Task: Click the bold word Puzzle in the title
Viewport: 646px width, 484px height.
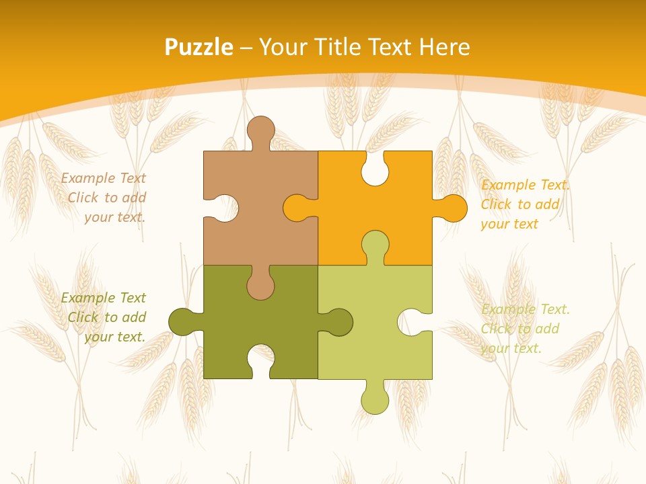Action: [x=199, y=47]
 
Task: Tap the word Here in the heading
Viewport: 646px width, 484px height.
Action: [x=444, y=47]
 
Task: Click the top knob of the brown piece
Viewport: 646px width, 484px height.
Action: [x=261, y=130]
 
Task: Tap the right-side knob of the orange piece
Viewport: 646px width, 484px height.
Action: [x=453, y=208]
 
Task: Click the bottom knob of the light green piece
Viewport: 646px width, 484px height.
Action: [x=375, y=400]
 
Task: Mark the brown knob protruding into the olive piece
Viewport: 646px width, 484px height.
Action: [x=260, y=285]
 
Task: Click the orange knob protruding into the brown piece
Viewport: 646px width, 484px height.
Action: [x=297, y=208]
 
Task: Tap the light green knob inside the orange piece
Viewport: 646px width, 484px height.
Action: [x=375, y=245]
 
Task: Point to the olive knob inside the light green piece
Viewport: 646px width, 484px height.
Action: [x=338, y=322]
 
